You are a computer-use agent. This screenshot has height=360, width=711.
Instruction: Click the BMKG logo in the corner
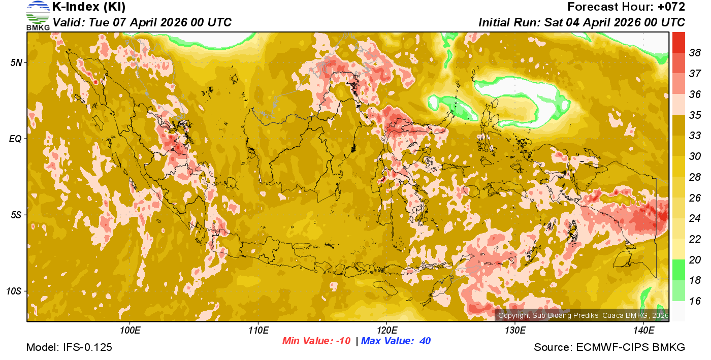pos(38,15)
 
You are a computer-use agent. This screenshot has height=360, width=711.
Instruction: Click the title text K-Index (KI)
pos(89,7)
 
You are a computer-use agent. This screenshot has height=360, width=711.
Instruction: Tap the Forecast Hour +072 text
pos(626,7)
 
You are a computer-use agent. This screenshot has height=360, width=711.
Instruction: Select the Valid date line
pos(142,22)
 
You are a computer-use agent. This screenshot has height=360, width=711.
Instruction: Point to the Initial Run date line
pos(581,22)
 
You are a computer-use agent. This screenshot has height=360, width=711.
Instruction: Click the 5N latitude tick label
pos(16,62)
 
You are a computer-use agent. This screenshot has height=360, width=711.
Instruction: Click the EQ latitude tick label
pos(16,138)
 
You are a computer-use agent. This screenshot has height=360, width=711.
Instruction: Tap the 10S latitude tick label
pos(14,291)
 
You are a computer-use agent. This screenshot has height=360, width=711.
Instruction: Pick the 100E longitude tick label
pos(131,330)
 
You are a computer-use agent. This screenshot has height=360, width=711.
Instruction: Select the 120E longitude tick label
pos(386,330)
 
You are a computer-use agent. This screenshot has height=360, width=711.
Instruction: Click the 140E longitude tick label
pos(643,330)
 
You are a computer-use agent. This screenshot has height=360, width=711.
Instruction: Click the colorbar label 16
pos(695,301)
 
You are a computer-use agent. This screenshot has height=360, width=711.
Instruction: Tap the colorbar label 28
pos(695,177)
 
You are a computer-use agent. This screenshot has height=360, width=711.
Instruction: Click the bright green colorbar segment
pos(678,269)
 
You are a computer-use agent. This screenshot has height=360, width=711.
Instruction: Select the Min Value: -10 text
pos(316,341)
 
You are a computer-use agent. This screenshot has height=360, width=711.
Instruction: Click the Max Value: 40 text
pos(396,341)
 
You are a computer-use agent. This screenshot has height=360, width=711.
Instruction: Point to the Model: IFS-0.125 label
pos(69,347)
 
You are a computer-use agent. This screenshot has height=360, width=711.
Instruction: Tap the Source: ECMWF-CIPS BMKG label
pos(609,347)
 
